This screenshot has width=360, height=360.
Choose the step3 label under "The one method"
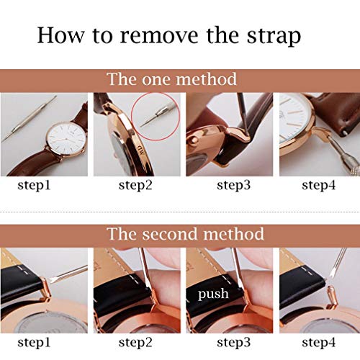click(x=229, y=185)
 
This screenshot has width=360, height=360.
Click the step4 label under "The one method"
click(x=320, y=185)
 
